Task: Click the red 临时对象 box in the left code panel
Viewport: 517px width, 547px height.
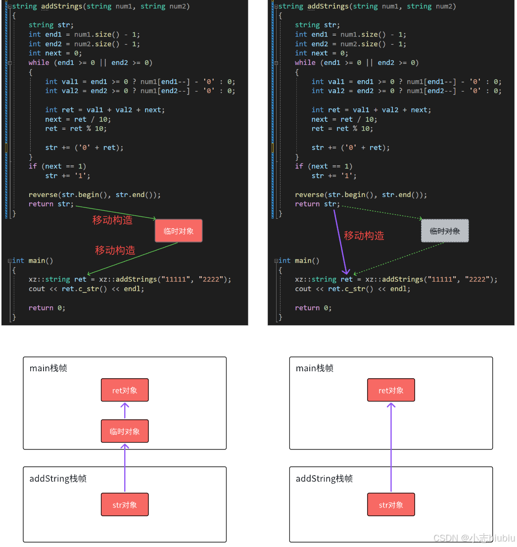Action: (179, 231)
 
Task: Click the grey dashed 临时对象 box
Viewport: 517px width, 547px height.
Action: (445, 231)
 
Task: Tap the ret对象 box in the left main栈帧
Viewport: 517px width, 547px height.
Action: (125, 390)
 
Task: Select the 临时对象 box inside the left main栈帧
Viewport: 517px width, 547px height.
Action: (125, 431)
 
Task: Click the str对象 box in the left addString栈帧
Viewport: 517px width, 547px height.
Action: (125, 504)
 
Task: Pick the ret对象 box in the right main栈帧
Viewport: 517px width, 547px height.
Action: (391, 390)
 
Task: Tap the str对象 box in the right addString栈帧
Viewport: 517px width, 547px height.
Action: (391, 504)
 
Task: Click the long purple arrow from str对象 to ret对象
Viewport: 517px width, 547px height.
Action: (391, 446)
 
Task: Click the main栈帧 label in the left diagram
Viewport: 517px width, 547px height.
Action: (48, 368)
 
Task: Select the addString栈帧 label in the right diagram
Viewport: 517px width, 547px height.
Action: (324, 479)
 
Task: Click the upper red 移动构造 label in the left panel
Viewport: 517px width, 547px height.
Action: (112, 220)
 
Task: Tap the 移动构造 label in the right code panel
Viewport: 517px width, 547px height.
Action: (364, 236)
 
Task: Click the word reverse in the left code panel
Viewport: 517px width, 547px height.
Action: (43, 195)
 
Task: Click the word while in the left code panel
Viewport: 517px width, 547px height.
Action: (39, 62)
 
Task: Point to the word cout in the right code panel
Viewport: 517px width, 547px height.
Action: (303, 289)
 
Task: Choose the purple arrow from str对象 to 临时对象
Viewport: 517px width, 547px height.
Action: (125, 468)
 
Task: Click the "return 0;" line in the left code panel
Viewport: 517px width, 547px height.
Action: (47, 307)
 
